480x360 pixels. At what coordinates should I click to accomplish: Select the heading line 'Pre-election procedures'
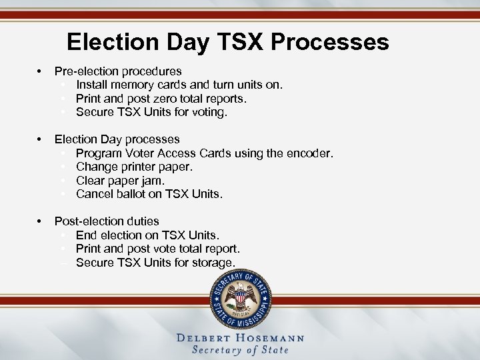click(x=118, y=71)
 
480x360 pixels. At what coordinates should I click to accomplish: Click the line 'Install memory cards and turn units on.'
click(x=179, y=85)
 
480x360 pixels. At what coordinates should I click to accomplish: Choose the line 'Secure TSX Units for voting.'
click(x=151, y=113)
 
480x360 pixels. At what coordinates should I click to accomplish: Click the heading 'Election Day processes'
click(x=117, y=139)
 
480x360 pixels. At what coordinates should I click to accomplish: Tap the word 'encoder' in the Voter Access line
click(x=309, y=153)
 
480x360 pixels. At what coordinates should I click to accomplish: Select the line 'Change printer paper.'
click(x=134, y=167)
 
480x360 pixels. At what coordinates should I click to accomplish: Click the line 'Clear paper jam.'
click(x=120, y=181)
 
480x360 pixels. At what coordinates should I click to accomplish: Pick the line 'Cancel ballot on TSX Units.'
click(x=149, y=195)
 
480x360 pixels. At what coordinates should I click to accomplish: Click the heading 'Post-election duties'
click(x=107, y=221)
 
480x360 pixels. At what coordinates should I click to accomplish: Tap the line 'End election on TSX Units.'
click(x=147, y=235)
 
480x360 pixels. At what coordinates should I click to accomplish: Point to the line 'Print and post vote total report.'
click(x=158, y=249)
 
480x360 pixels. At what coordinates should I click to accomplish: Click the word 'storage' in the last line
click(x=213, y=263)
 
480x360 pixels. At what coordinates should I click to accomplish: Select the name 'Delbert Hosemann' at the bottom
click(x=240, y=338)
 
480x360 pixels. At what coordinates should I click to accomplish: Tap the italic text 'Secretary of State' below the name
click(x=240, y=350)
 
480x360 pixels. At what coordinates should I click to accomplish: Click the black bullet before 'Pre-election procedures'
click(x=41, y=71)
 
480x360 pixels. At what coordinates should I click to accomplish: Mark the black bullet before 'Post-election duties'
click(x=41, y=221)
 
